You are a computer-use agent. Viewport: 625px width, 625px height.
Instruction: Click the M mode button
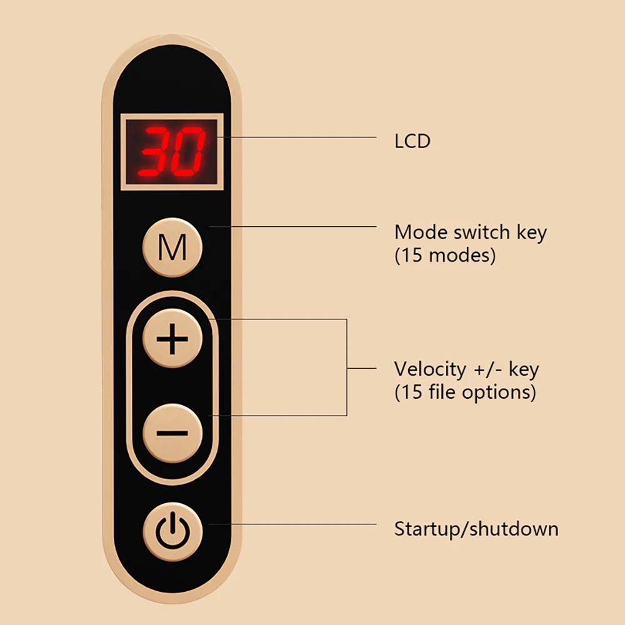point(172,247)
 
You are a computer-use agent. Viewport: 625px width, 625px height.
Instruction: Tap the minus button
point(172,433)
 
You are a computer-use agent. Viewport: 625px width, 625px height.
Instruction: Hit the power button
point(172,531)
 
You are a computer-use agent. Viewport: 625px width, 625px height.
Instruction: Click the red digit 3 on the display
point(156,151)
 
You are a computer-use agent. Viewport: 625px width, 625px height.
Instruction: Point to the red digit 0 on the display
point(188,151)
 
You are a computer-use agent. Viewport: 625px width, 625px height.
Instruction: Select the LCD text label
point(412,141)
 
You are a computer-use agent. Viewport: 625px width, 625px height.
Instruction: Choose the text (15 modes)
point(445,255)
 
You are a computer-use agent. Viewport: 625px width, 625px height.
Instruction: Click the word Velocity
point(430,369)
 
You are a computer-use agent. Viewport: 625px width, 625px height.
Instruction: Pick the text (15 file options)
point(465,392)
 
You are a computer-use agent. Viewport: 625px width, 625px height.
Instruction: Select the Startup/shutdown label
point(476,529)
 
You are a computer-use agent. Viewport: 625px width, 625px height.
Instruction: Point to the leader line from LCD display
point(296,137)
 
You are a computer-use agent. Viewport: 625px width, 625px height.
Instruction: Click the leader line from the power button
point(292,524)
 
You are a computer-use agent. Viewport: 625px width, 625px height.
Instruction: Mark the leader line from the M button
point(292,226)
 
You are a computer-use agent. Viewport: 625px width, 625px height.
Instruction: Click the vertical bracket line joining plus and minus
point(347,367)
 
